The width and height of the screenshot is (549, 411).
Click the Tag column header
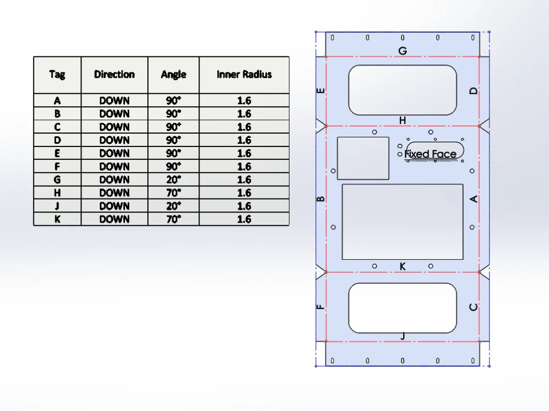click(x=57, y=75)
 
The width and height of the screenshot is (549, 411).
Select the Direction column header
click(x=114, y=75)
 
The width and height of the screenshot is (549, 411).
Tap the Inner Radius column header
click(x=244, y=75)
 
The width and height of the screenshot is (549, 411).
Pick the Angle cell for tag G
click(x=173, y=180)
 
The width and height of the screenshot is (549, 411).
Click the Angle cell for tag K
click(x=173, y=219)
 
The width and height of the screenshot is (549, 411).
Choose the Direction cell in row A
click(x=114, y=100)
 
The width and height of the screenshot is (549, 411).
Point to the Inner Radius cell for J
click(x=244, y=206)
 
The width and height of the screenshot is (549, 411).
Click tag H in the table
click(x=57, y=193)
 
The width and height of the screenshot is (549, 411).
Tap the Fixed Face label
click(x=431, y=155)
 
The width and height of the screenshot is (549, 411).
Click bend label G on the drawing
click(x=402, y=51)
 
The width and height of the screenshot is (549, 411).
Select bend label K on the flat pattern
click(x=403, y=266)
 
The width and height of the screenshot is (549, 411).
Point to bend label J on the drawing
click(x=403, y=336)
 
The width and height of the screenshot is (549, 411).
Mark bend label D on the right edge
click(x=473, y=91)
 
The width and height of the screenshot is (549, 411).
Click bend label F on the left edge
click(x=321, y=307)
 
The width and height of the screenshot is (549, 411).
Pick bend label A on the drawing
click(x=473, y=199)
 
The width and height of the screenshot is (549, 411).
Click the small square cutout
click(x=363, y=158)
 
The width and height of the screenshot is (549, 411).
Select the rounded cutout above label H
click(x=402, y=90)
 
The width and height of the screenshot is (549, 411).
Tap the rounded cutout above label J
click(x=402, y=308)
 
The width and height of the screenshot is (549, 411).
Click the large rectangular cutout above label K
click(x=402, y=222)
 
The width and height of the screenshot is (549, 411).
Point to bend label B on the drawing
click(x=321, y=199)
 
